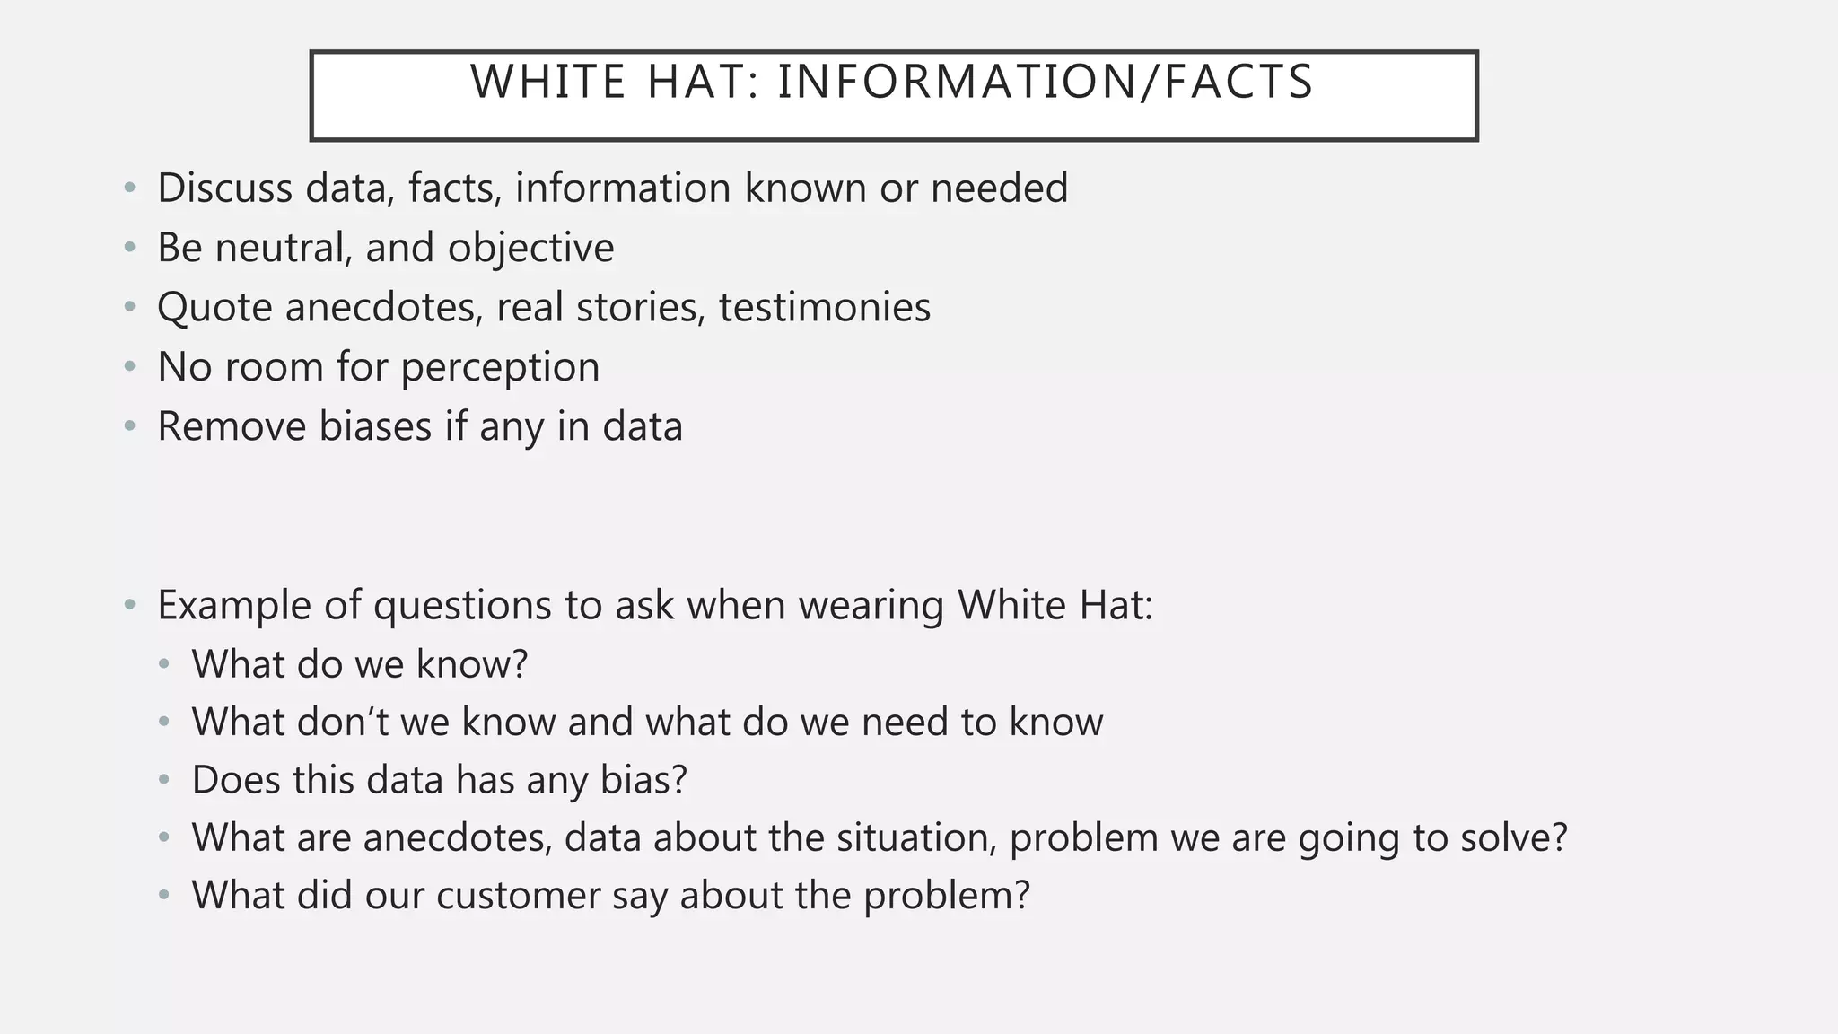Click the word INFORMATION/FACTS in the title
click(1046, 82)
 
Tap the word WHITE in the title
click(548, 82)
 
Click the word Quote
click(214, 308)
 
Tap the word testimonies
click(825, 307)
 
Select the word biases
click(375, 426)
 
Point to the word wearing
click(871, 606)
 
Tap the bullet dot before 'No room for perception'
click(130, 367)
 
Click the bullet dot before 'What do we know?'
click(163, 665)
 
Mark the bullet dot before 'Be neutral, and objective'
click(130, 248)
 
